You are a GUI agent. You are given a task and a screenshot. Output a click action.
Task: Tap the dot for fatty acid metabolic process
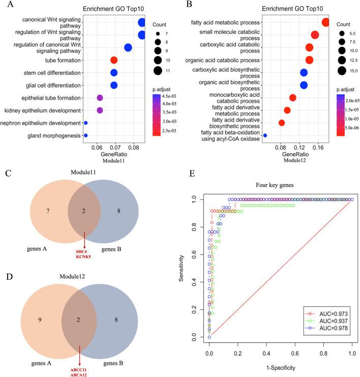tap(325, 22)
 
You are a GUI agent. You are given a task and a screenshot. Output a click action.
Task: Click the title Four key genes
tap(280, 186)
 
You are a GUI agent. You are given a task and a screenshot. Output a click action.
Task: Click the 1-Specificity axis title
tap(280, 367)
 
